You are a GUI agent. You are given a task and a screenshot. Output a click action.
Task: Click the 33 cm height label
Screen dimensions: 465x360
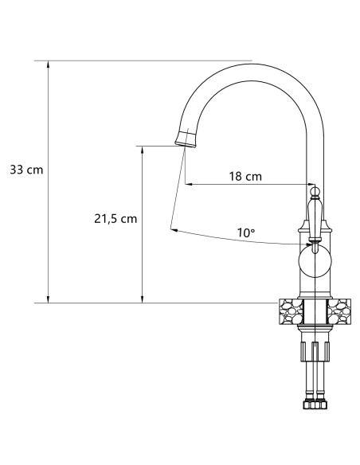[26, 170]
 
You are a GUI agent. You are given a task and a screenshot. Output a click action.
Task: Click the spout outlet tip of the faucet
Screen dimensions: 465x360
[185, 141]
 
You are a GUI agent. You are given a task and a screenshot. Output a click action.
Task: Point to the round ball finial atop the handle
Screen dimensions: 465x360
[314, 191]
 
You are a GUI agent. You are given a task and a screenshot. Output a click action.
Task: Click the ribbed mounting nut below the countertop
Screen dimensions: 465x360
[315, 350]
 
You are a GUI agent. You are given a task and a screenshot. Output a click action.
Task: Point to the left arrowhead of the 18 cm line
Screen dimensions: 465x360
[189, 184]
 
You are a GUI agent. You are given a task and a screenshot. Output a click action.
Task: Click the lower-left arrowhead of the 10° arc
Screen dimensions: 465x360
[173, 230]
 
